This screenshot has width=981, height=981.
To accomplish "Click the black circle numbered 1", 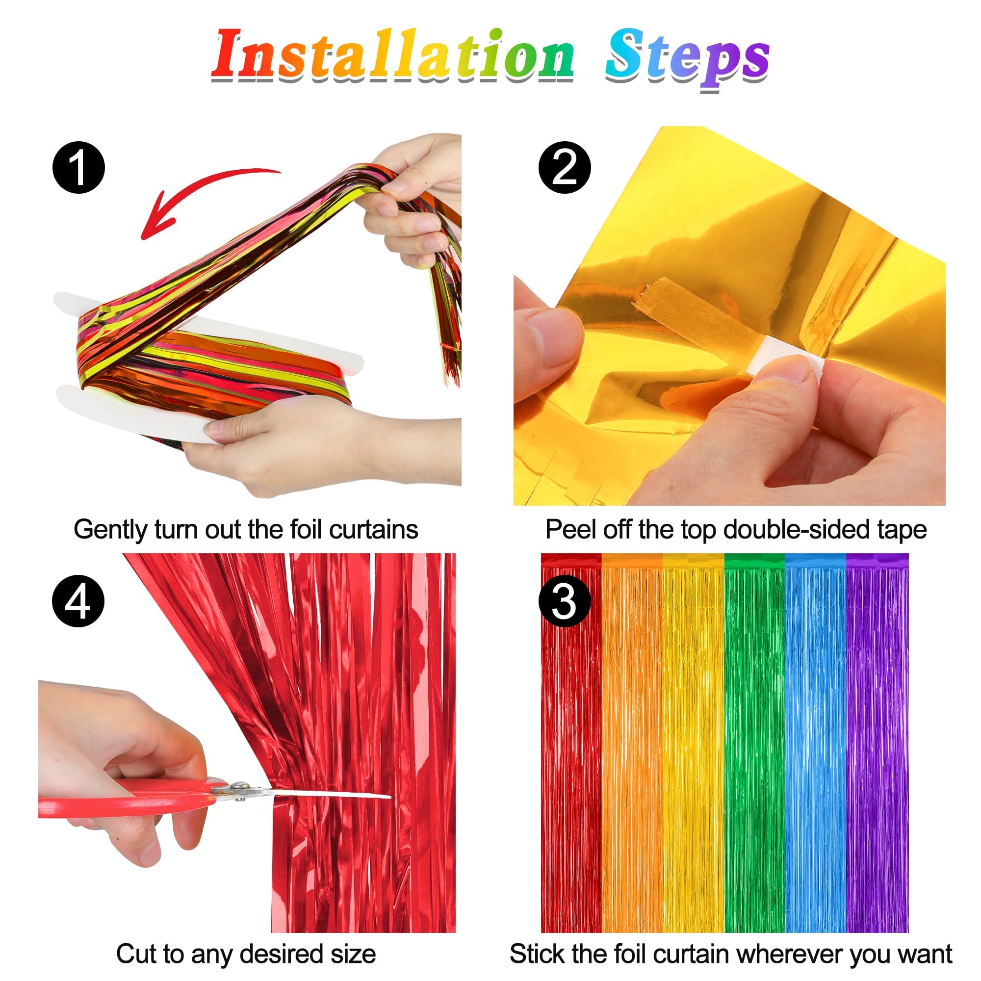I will [x=78, y=168].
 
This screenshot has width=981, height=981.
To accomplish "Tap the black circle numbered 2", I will [x=564, y=168].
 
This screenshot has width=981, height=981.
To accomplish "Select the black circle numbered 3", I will [x=564, y=602].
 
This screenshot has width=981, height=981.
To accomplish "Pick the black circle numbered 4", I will [x=78, y=602].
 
